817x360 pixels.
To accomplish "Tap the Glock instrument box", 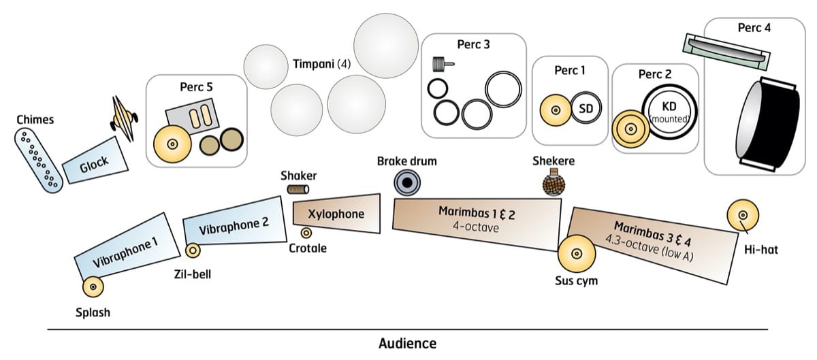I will pos(95,163).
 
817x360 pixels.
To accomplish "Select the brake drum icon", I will pos(407,183).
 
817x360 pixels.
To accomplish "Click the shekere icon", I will pos(552,184).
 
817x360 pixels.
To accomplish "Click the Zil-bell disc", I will pos(193,251).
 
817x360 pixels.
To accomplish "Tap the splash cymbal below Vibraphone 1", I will pos(93,288).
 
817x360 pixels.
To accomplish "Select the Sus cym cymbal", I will pos(575,254).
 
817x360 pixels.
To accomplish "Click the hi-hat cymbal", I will pos(741,215).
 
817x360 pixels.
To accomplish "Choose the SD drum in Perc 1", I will pos(585,110).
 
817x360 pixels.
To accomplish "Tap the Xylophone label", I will pos(336,214).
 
